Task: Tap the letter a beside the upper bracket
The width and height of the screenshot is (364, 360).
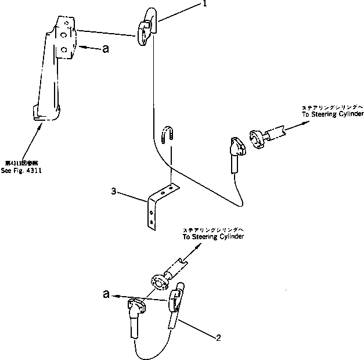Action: pos(105,49)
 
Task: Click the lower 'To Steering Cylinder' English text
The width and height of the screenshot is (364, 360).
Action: pos(213,237)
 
